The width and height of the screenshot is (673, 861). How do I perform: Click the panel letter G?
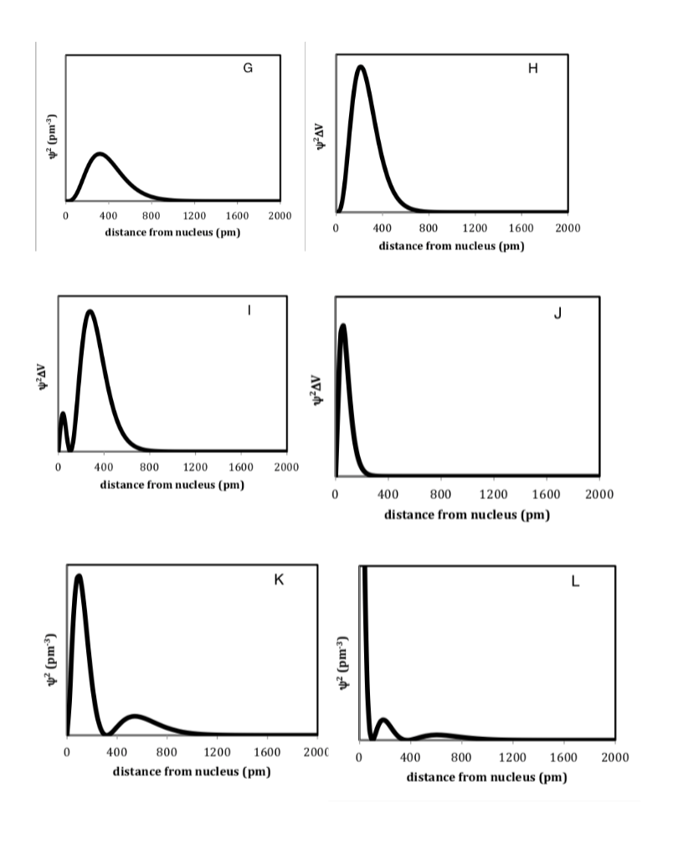(248, 68)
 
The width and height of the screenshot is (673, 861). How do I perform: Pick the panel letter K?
(280, 579)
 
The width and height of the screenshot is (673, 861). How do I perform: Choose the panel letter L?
(575, 581)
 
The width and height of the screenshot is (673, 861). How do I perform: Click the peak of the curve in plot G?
(100, 154)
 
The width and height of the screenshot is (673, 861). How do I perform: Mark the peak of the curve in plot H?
(360, 66)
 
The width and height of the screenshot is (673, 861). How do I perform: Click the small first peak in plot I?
(63, 414)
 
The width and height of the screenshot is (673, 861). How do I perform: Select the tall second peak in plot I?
(90, 312)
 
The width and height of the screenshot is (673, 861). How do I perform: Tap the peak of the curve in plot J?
(342, 326)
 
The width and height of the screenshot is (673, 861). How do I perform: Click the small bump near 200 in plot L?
(383, 719)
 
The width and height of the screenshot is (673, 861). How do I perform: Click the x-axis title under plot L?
(486, 776)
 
